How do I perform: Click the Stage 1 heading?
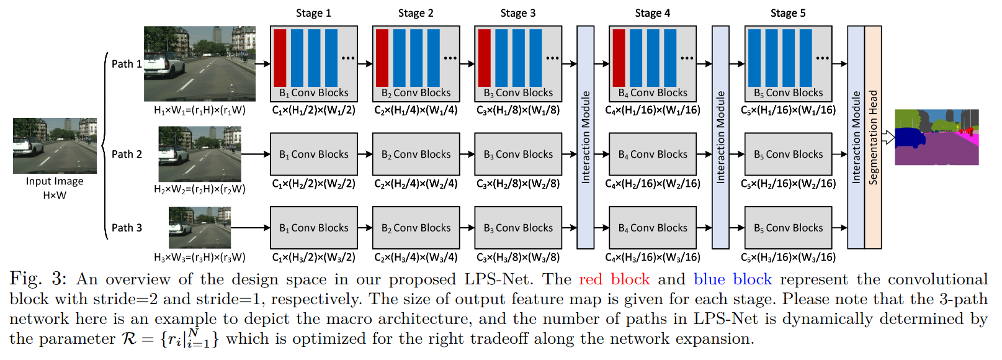313,13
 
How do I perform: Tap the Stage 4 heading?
652,13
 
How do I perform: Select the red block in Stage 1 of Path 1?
280,58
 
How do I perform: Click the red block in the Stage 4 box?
619,58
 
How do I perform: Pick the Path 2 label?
127,154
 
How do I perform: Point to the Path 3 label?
127,228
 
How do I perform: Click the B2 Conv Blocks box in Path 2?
416,154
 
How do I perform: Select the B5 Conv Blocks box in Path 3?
788,228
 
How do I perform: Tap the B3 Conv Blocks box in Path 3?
518,228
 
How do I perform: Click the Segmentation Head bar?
873,137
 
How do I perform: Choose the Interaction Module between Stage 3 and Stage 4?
585,137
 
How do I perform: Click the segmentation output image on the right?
936,137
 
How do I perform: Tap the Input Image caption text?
55,181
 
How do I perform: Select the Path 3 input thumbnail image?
199,228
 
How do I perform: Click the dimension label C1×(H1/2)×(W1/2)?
313,110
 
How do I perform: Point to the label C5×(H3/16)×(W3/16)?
788,257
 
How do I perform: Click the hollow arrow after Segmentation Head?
888,137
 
